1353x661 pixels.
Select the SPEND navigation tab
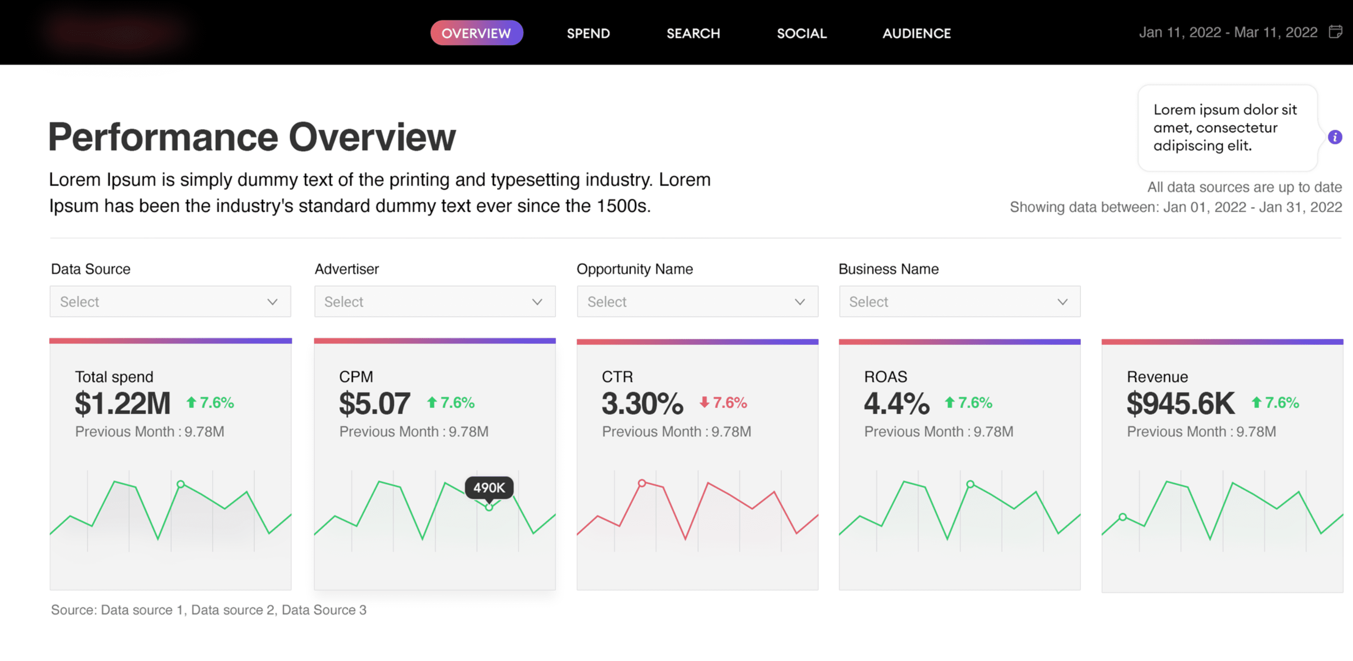click(x=588, y=33)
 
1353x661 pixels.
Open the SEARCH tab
click(x=693, y=33)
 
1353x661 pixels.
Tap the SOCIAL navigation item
click(x=801, y=33)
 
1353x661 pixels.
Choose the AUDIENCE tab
click(x=916, y=33)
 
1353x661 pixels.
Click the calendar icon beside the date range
click(x=1335, y=32)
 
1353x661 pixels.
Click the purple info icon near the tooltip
click(x=1335, y=137)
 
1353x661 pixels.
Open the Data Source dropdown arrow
click(x=272, y=302)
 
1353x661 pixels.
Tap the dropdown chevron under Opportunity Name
click(x=800, y=302)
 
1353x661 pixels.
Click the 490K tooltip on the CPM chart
click(x=489, y=487)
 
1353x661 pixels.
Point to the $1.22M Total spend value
click(x=122, y=403)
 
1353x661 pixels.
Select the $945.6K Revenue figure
click(x=1180, y=403)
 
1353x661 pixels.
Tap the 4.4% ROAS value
click(x=896, y=403)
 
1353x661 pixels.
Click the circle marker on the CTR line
click(x=642, y=482)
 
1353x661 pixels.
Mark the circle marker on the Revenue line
click(x=1123, y=516)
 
